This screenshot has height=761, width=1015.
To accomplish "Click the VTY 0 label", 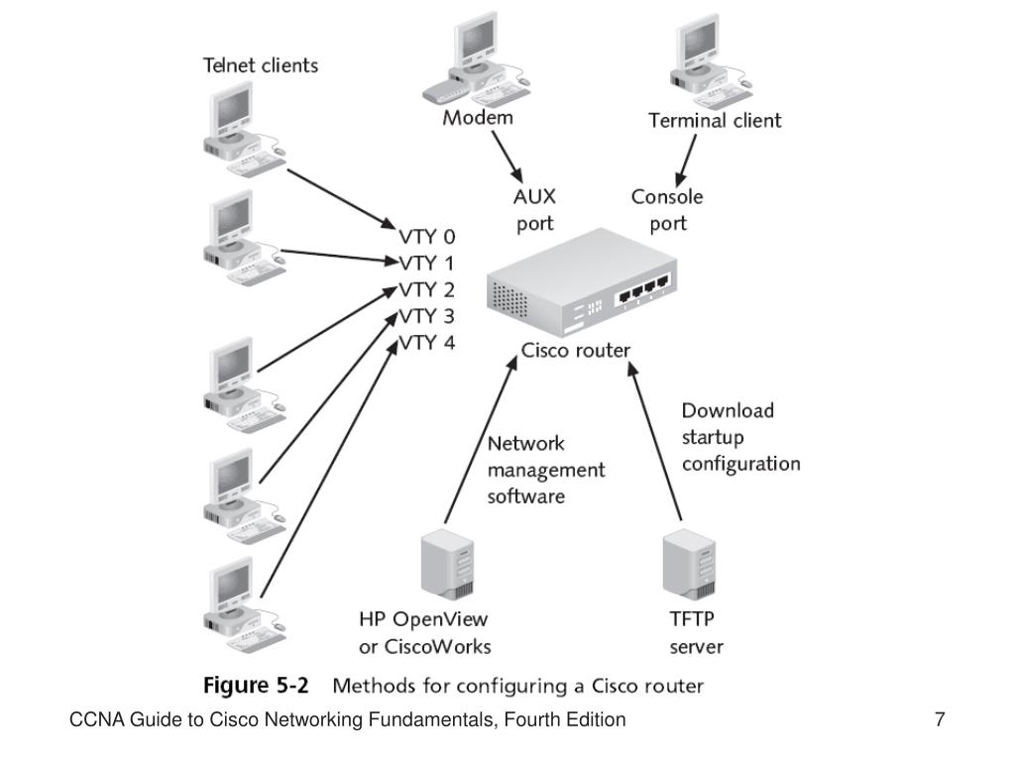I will (427, 238).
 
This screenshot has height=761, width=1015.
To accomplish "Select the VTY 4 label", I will (427, 344).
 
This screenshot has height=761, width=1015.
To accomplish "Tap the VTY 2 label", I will (427, 291).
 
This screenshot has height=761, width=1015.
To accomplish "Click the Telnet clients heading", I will (261, 66).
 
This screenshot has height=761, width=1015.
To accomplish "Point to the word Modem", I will (479, 118).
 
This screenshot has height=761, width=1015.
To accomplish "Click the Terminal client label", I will (715, 121).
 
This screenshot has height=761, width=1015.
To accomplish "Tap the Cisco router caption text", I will (576, 351).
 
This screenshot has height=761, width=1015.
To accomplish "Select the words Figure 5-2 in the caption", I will (256, 686).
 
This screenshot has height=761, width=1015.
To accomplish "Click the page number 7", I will (939, 720).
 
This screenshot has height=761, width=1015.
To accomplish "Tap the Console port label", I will (667, 210).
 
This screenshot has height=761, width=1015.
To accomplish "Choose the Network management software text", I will (545, 470).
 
